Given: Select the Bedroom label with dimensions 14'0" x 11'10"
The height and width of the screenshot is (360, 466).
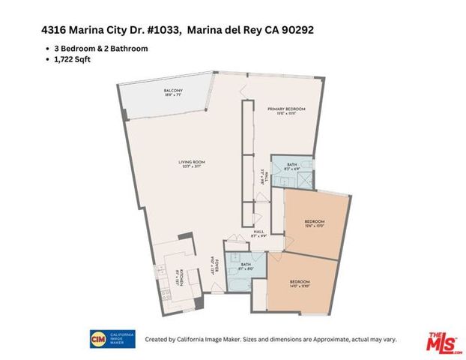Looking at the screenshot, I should [299, 283].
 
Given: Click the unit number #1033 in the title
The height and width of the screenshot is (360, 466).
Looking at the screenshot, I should [157, 31].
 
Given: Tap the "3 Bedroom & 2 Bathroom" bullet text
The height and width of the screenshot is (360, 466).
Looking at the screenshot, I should [96, 48].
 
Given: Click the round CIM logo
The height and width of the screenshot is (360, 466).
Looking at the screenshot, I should [98, 338].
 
